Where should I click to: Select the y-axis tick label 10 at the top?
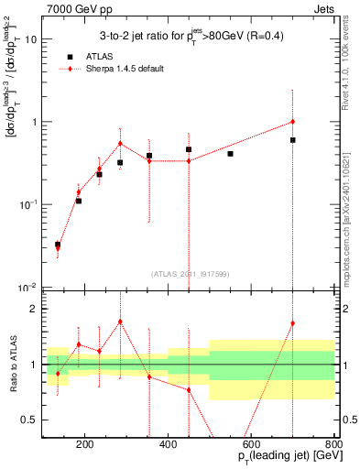(x=28, y=39)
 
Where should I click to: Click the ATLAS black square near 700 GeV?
(x=292, y=140)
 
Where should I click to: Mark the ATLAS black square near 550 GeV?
(x=230, y=154)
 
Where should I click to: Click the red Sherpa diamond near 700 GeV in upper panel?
(x=292, y=122)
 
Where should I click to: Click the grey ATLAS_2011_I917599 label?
(x=190, y=273)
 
